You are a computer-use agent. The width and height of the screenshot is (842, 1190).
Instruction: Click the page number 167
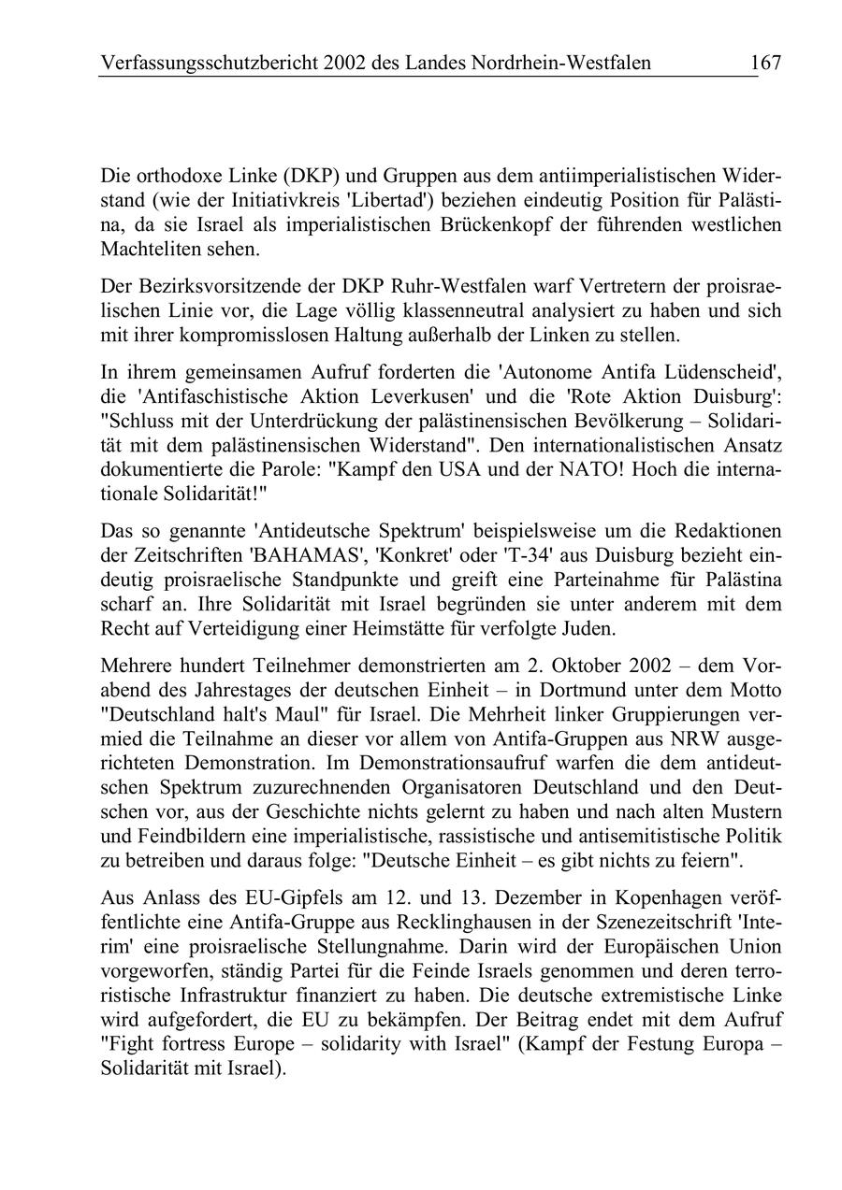(x=764, y=63)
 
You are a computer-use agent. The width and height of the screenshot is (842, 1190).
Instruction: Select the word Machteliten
(x=151, y=250)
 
